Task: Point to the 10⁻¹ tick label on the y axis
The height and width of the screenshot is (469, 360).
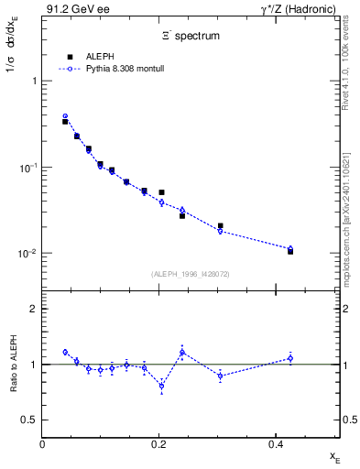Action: click(x=27, y=168)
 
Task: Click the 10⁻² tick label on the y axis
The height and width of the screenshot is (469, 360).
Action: click(x=27, y=254)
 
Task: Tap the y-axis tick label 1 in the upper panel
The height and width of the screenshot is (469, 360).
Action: click(x=35, y=82)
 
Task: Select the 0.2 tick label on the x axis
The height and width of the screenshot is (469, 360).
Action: click(x=159, y=443)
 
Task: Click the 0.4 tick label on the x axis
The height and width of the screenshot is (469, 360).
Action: click(x=276, y=443)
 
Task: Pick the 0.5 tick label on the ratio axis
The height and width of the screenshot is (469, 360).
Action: click(x=30, y=420)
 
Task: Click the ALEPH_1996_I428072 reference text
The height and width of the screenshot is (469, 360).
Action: click(x=191, y=274)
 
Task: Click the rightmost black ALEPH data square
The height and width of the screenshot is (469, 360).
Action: click(x=290, y=251)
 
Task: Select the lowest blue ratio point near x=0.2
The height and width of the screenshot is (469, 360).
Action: click(x=162, y=386)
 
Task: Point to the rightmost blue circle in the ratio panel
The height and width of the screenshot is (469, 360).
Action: click(x=290, y=358)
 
